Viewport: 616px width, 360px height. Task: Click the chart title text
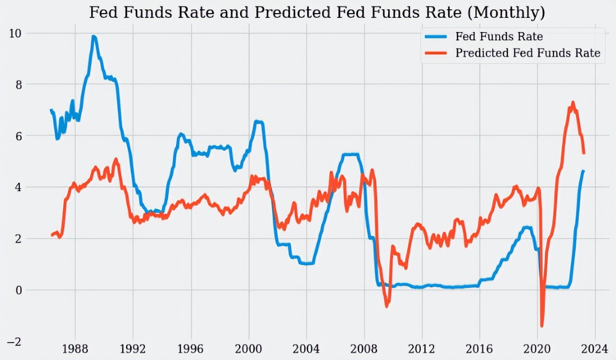click(x=316, y=13)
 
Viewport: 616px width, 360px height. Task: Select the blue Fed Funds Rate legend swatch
click(x=436, y=37)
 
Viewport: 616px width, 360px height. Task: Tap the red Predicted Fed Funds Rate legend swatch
click(x=436, y=53)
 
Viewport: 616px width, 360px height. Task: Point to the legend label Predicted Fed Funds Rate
click(x=527, y=53)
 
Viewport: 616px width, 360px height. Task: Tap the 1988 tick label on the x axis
click(x=75, y=350)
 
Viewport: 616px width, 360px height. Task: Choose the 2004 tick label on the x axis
click(x=306, y=350)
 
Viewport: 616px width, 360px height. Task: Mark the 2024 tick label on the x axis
click(x=595, y=350)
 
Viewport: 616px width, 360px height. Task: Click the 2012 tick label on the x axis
click(x=422, y=350)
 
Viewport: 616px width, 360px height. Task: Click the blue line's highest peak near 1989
click(x=94, y=36)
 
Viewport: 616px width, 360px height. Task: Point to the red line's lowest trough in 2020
click(x=542, y=326)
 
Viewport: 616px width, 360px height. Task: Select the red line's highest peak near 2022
click(x=573, y=102)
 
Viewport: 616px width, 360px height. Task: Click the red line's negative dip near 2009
click(x=387, y=306)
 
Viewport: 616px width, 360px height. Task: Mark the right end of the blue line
click(x=584, y=171)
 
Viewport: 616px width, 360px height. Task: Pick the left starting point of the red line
click(x=52, y=235)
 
